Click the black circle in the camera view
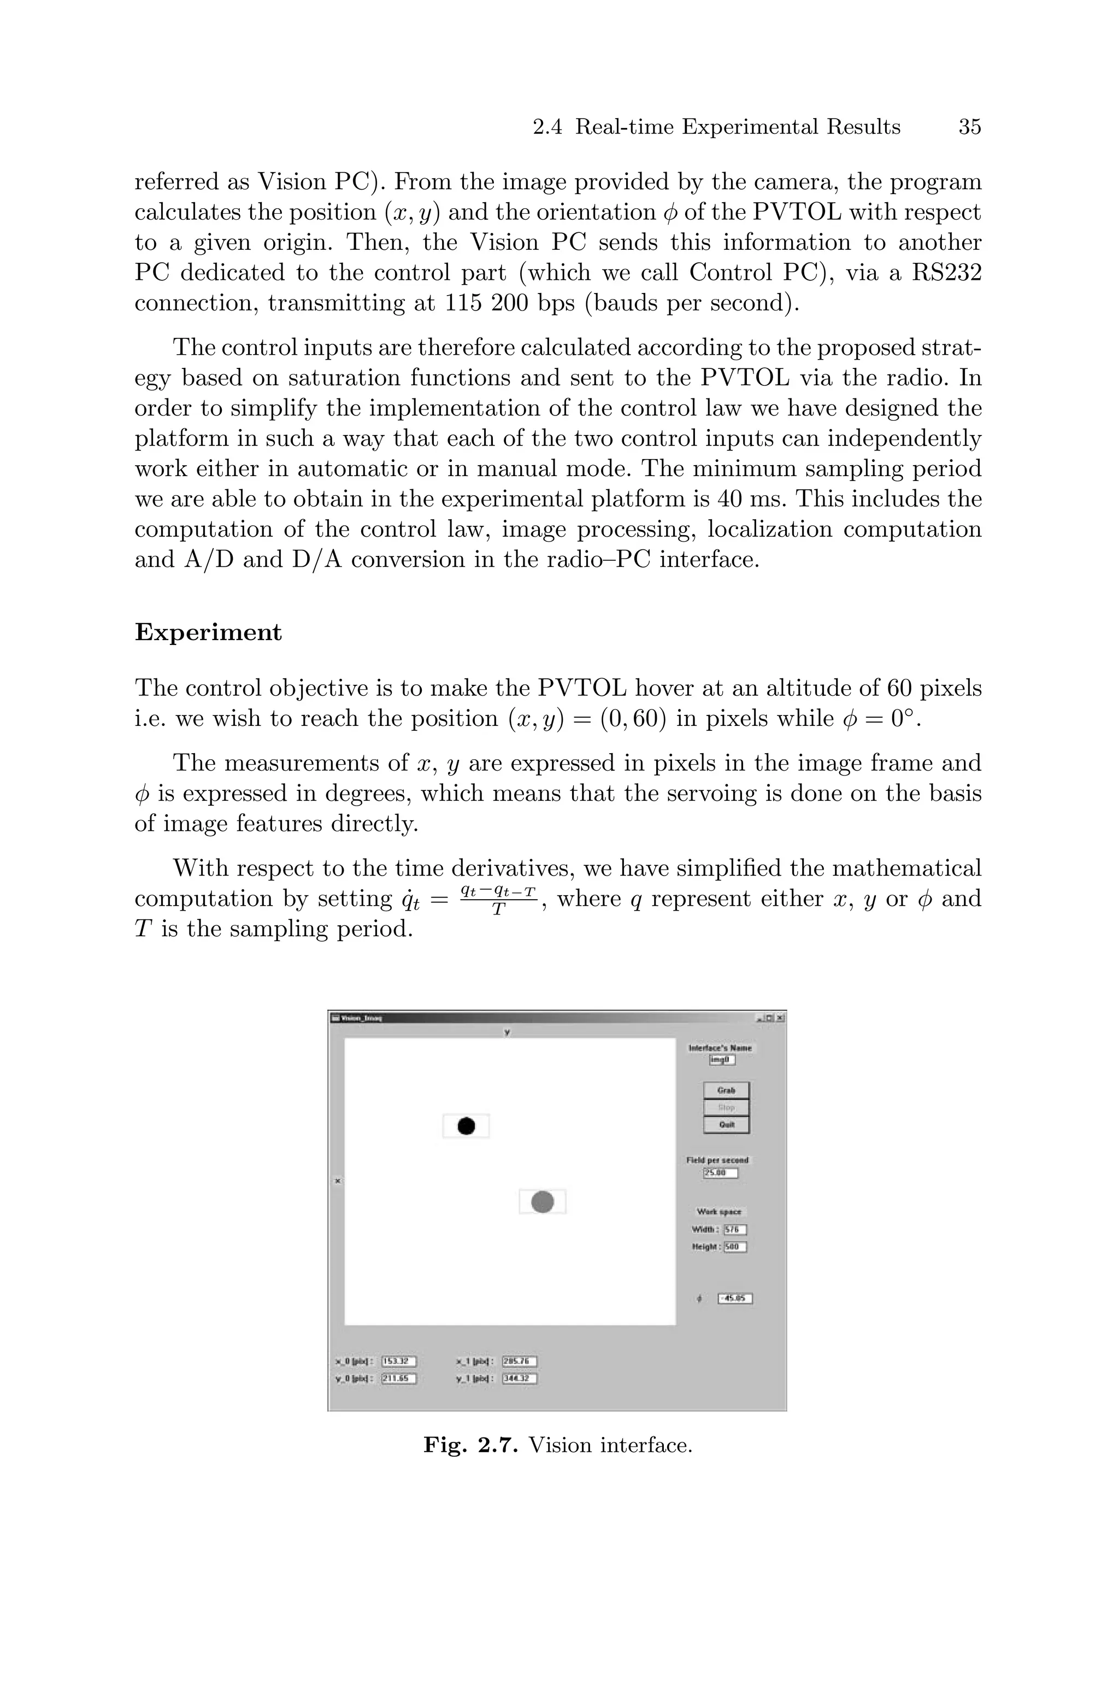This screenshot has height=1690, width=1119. (466, 1125)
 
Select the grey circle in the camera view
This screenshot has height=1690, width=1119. (543, 1202)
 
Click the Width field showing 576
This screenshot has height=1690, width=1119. (735, 1230)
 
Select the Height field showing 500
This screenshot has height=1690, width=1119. (735, 1247)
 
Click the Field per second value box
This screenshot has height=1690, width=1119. (720, 1172)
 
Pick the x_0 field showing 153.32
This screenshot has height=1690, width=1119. (398, 1361)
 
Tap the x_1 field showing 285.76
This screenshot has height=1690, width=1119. (520, 1361)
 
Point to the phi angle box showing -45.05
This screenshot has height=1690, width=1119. (735, 1298)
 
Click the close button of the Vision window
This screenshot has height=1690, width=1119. (780, 1018)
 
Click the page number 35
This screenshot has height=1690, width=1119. (970, 127)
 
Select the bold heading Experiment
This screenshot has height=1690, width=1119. (208, 632)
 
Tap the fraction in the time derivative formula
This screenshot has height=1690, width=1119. (498, 899)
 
